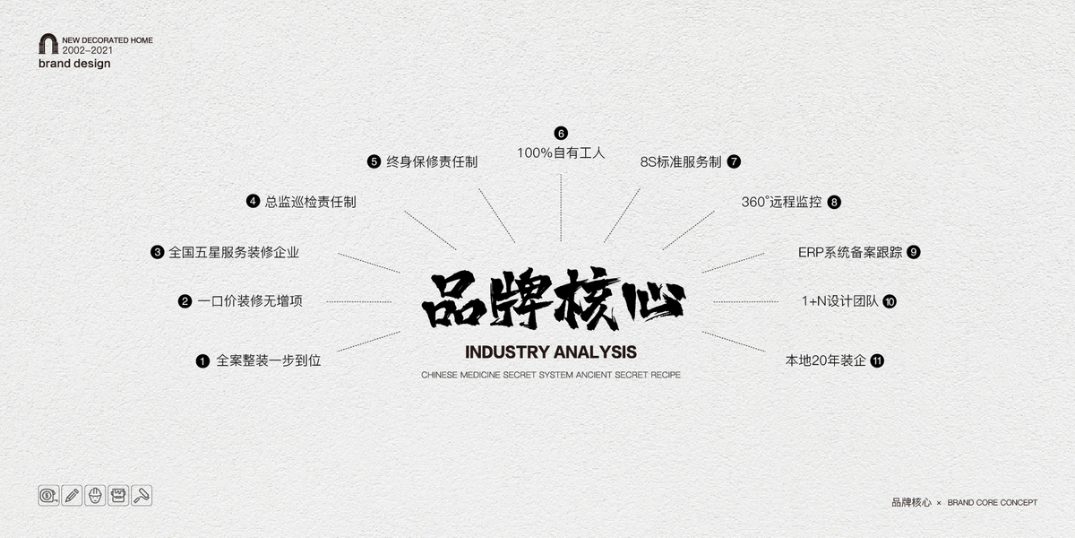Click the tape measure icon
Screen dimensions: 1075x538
pyautogui.click(x=48, y=495)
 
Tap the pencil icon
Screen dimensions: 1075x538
pyautogui.click(x=72, y=495)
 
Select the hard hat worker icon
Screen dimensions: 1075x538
pyautogui.click(x=95, y=495)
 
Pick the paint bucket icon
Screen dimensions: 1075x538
pyautogui.click(x=118, y=495)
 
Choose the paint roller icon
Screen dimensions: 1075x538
pyautogui.click(x=142, y=495)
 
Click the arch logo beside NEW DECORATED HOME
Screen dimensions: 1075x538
pyautogui.click(x=48, y=44)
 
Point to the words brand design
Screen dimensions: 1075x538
pyautogui.click(x=74, y=64)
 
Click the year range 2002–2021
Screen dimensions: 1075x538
pyautogui.click(x=88, y=50)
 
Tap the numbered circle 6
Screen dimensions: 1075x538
pyautogui.click(x=561, y=133)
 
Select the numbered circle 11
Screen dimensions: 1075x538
pyautogui.click(x=877, y=360)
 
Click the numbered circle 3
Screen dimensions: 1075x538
pyautogui.click(x=158, y=252)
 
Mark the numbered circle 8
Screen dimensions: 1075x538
pyautogui.click(x=834, y=203)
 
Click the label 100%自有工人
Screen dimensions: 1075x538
pyautogui.click(x=561, y=152)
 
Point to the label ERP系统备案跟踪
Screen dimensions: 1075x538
pyautogui.click(x=850, y=252)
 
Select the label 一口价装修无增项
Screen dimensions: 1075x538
pyautogui.click(x=250, y=301)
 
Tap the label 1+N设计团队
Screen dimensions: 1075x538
pyautogui.click(x=840, y=301)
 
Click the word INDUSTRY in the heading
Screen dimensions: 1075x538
pyautogui.click(x=500, y=352)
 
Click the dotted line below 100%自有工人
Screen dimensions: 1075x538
pyautogui.click(x=561, y=207)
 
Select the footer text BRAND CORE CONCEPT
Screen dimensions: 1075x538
pyautogui.click(x=992, y=502)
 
